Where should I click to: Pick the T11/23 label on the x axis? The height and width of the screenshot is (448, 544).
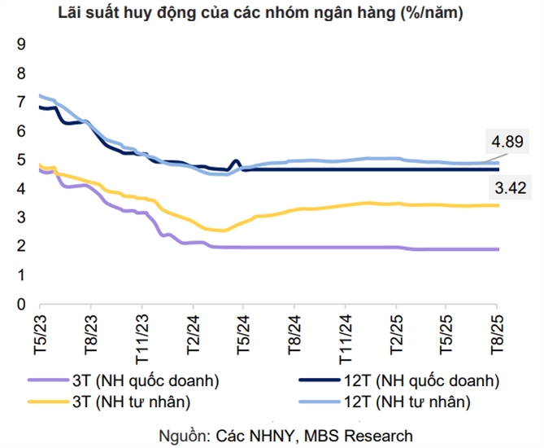pos(141,335)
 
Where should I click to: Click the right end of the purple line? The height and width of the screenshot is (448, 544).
pos(498,249)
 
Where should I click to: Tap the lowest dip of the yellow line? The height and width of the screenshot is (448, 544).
pos(220,231)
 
